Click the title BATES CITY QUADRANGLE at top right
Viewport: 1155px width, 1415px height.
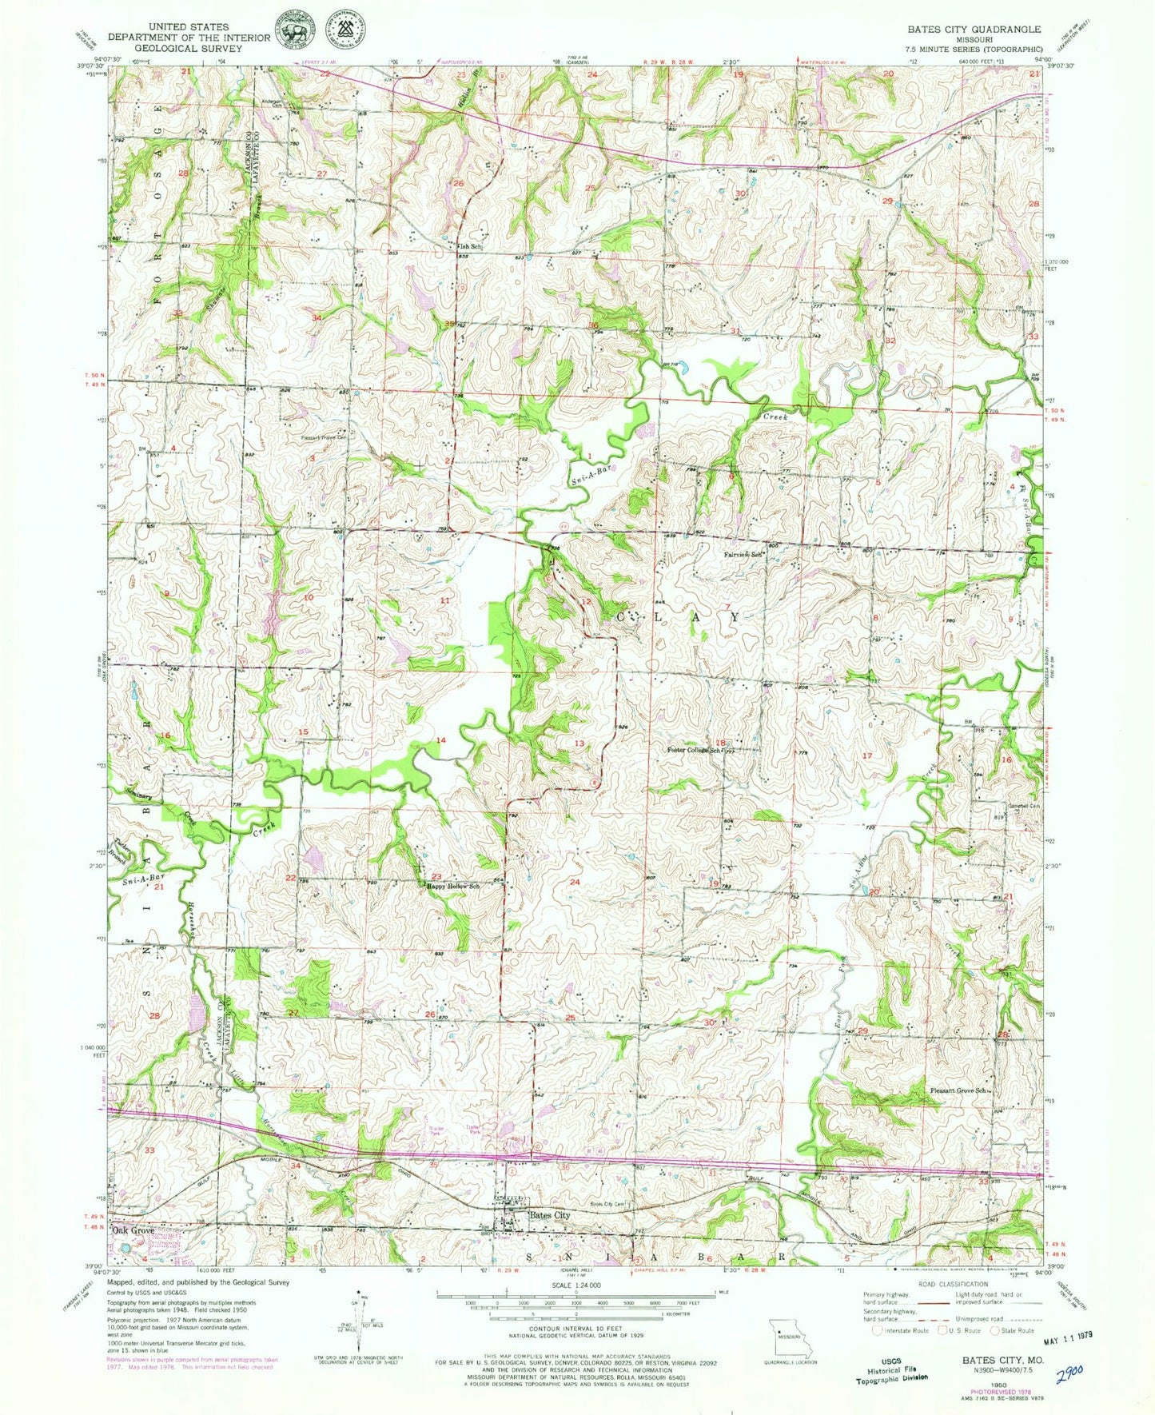click(x=973, y=29)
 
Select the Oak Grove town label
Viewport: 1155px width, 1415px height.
click(x=133, y=1230)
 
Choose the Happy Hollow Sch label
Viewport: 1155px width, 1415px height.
click(x=452, y=886)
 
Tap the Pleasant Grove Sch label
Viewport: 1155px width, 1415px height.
click(x=957, y=1090)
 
